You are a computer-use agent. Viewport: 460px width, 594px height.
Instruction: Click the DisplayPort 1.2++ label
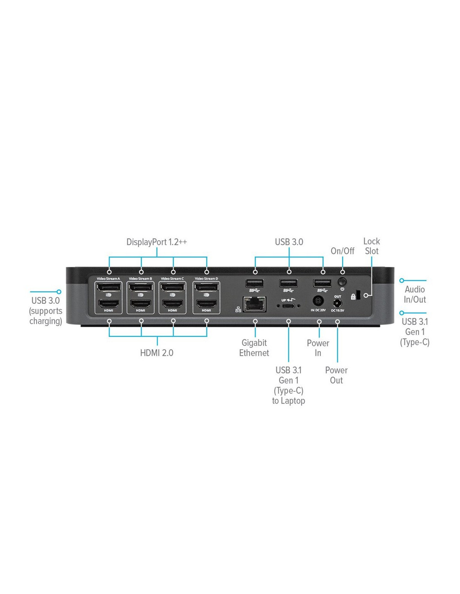(156, 242)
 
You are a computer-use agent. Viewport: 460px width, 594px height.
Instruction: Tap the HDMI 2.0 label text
(156, 353)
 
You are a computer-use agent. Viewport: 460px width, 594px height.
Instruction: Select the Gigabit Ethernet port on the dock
(255, 304)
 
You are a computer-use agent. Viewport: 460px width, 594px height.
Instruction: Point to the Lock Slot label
(371, 246)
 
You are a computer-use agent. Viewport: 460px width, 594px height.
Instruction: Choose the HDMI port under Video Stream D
(206, 303)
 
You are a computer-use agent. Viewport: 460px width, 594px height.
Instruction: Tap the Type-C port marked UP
(289, 306)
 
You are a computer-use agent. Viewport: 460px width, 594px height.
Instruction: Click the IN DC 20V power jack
(318, 301)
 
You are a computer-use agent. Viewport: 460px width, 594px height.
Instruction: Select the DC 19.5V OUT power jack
(337, 303)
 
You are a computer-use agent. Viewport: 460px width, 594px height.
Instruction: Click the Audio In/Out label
(414, 294)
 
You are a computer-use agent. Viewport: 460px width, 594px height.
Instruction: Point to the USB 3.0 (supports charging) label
(46, 311)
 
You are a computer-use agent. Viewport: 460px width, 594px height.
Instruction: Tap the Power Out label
(336, 375)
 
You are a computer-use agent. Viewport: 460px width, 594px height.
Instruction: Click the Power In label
(318, 348)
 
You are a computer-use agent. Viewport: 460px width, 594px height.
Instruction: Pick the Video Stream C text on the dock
(172, 279)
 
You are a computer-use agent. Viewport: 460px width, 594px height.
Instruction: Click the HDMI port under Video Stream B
(141, 303)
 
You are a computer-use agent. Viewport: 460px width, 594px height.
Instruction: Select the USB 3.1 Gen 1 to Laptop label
(289, 386)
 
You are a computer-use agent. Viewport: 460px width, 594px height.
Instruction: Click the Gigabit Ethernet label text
(254, 348)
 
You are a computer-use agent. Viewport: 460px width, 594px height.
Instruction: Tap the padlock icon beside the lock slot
(353, 296)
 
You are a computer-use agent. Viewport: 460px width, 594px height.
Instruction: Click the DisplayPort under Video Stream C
(172, 287)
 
